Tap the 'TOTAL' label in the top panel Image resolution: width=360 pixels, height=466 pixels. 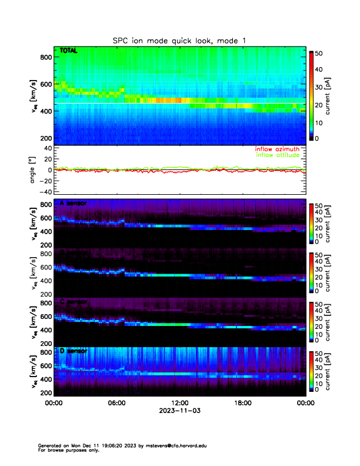pyautogui.click(x=69, y=51)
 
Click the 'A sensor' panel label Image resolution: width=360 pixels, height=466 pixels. pyautogui.click(x=74, y=204)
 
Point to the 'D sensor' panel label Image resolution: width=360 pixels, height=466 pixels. pyautogui.click(x=74, y=351)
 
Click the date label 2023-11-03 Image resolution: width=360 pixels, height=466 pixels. pyautogui.click(x=179, y=411)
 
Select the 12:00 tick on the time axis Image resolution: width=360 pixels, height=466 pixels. pyautogui.click(x=179, y=404)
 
